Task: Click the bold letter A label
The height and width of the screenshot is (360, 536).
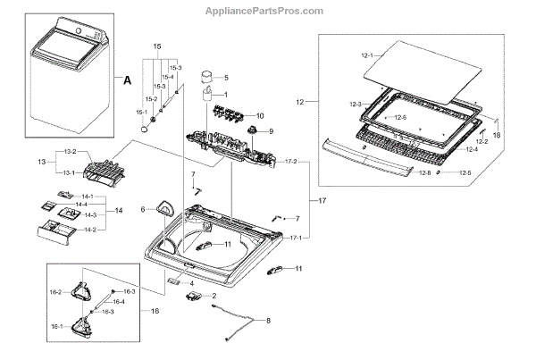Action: (x=127, y=80)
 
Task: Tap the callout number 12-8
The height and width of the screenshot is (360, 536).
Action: (x=424, y=172)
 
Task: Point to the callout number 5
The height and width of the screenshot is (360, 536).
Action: (x=226, y=77)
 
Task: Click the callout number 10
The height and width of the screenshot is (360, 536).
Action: (x=260, y=116)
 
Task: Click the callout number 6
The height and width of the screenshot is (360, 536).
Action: (x=143, y=210)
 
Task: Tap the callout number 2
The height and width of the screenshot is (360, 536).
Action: (x=214, y=295)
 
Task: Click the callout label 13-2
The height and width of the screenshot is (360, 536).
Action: (x=69, y=152)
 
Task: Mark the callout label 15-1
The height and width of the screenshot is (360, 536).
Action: (x=140, y=112)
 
